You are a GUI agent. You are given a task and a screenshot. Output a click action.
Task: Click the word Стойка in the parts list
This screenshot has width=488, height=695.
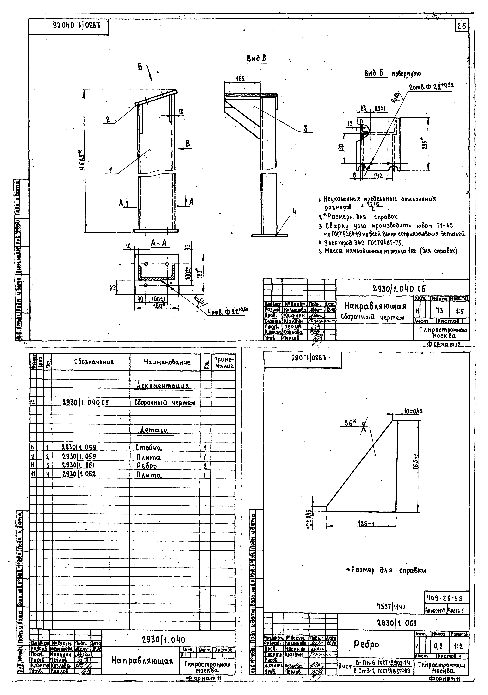[148, 448]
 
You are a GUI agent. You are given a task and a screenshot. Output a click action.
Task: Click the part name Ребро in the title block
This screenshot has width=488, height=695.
[366, 644]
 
